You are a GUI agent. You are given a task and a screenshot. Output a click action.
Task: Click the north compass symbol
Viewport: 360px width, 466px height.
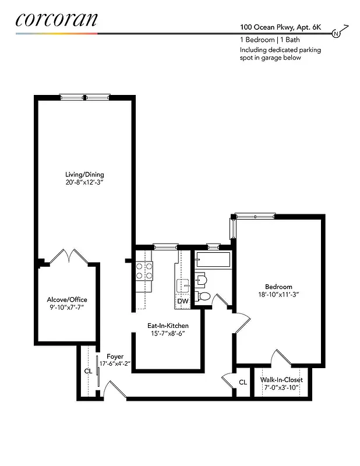click(336, 34)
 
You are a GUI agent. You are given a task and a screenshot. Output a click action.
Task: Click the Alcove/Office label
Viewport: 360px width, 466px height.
click(67, 299)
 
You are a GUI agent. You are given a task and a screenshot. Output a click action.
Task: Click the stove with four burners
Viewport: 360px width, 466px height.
click(144, 270)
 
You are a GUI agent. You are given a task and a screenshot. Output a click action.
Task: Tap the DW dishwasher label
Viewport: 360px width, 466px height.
click(182, 301)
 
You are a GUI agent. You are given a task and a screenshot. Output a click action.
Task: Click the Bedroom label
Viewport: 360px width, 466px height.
click(278, 287)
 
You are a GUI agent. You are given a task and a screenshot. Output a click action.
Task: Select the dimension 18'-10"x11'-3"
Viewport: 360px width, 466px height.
click(278, 295)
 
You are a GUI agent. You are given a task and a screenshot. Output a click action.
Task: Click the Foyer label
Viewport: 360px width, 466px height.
click(114, 356)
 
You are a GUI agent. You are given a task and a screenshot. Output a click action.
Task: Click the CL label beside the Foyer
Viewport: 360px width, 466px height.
click(88, 370)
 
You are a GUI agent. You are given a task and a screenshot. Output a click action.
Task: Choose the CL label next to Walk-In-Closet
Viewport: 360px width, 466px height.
click(243, 383)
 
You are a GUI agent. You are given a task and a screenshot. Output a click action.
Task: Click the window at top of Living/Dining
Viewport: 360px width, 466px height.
click(84, 97)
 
